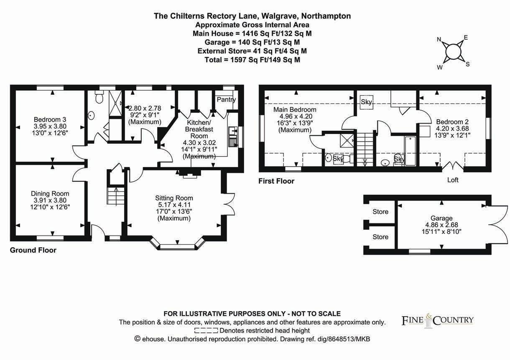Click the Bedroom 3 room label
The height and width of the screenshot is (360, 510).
(x=50, y=119)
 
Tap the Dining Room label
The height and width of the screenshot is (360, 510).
(x=50, y=193)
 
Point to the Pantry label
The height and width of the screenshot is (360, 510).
(x=226, y=100)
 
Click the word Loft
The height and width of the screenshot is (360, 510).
(x=453, y=180)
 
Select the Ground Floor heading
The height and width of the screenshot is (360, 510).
(x=33, y=250)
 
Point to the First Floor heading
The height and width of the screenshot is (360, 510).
(x=276, y=181)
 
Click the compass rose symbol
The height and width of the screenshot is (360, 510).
(x=453, y=52)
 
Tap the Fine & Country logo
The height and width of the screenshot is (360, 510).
(x=438, y=321)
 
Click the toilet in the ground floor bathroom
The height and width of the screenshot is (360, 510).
(x=99, y=98)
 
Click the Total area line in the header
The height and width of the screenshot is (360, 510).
(x=252, y=60)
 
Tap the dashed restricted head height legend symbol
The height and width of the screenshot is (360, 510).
(x=206, y=330)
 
